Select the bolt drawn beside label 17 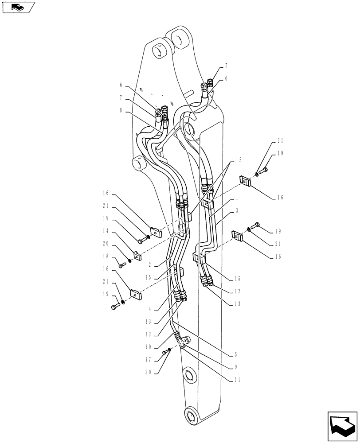166,352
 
